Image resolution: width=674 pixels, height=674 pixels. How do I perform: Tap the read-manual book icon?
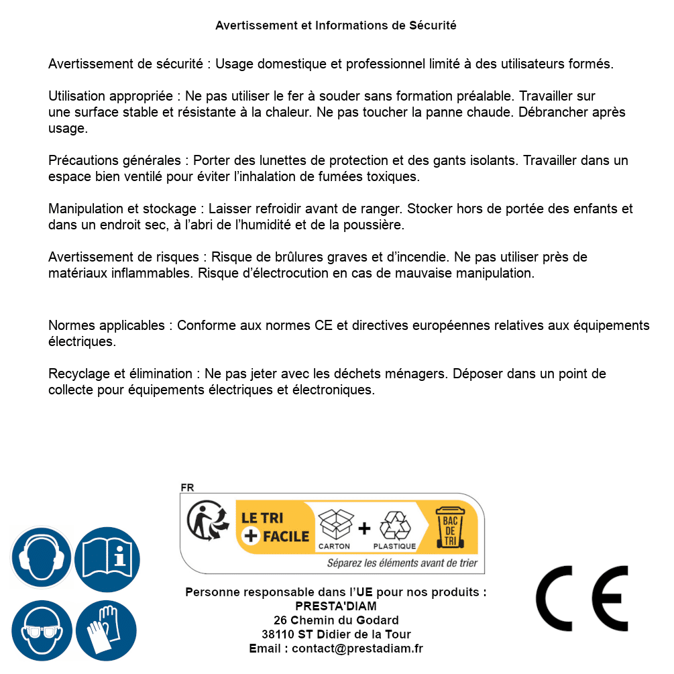[107, 558]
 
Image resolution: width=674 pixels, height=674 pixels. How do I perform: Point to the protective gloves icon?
[107, 632]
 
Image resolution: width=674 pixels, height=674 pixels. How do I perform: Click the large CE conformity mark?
[581, 598]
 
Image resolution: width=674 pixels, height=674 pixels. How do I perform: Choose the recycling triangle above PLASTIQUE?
[394, 526]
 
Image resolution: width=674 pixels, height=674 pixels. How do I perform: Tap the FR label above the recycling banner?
[187, 488]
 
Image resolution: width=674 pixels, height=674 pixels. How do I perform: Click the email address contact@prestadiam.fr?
[357, 649]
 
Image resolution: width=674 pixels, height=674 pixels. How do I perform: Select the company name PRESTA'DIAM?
[336, 606]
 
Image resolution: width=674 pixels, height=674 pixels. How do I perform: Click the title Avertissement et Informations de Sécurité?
[336, 25]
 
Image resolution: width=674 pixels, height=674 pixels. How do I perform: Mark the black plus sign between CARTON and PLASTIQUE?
[364, 528]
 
